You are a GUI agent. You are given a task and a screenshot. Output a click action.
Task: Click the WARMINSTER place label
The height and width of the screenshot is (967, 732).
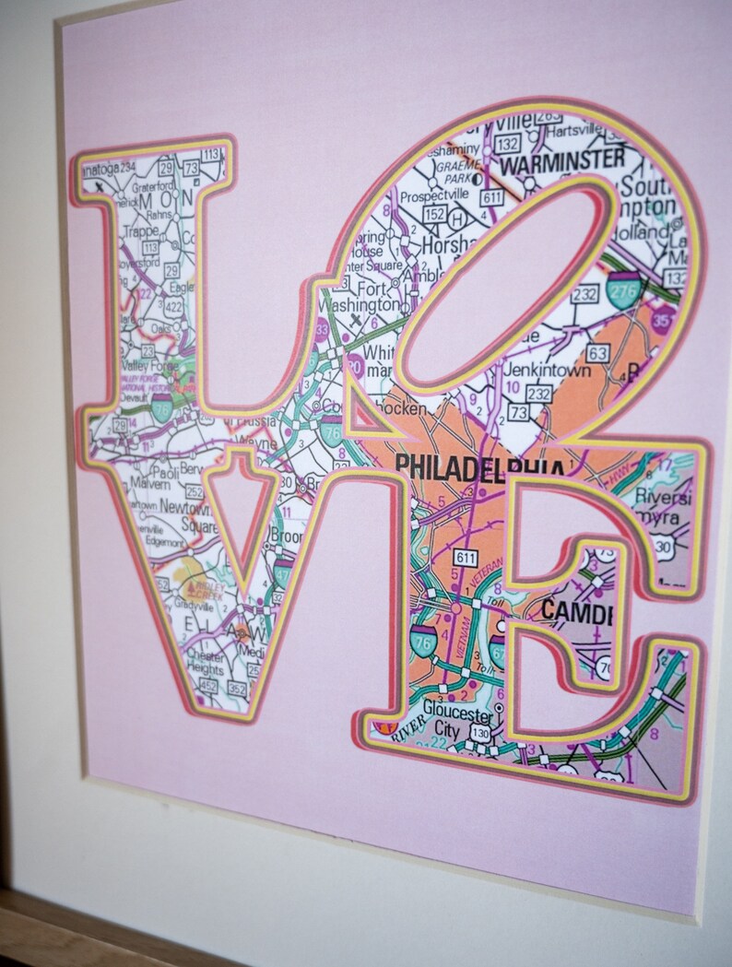tap(561, 162)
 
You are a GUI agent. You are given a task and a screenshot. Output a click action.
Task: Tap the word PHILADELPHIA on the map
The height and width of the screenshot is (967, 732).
tap(478, 466)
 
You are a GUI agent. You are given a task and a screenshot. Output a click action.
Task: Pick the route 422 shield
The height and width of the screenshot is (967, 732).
tap(172, 307)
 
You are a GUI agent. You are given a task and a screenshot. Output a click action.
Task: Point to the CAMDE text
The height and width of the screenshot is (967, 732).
tap(577, 610)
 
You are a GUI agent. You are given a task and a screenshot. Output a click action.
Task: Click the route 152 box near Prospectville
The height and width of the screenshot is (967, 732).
tap(433, 215)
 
